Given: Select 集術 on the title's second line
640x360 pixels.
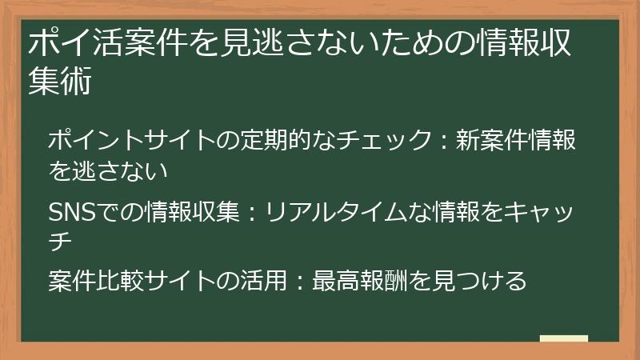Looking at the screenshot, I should (x=59, y=83).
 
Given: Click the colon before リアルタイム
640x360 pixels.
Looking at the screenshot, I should (x=253, y=213).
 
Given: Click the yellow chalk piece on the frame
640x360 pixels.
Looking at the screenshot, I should (x=564, y=338).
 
